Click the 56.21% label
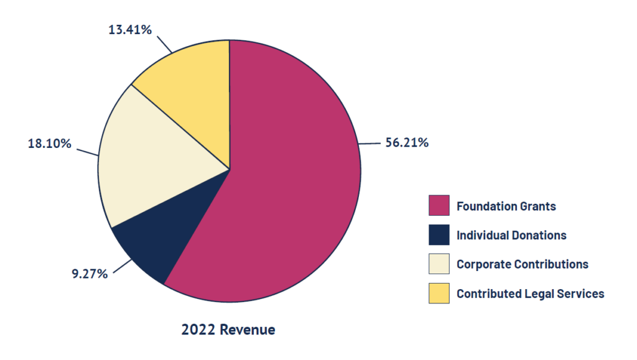point(407,143)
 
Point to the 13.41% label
point(130,29)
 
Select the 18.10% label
point(49,144)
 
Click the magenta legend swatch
point(439,206)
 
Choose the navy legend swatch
point(439,235)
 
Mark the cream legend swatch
point(439,264)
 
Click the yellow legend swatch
point(439,293)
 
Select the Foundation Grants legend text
point(506,206)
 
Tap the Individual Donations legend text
point(511,235)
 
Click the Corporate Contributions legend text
point(522,264)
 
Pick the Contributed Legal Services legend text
point(530,293)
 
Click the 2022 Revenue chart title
point(228,330)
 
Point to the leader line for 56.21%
point(370,144)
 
